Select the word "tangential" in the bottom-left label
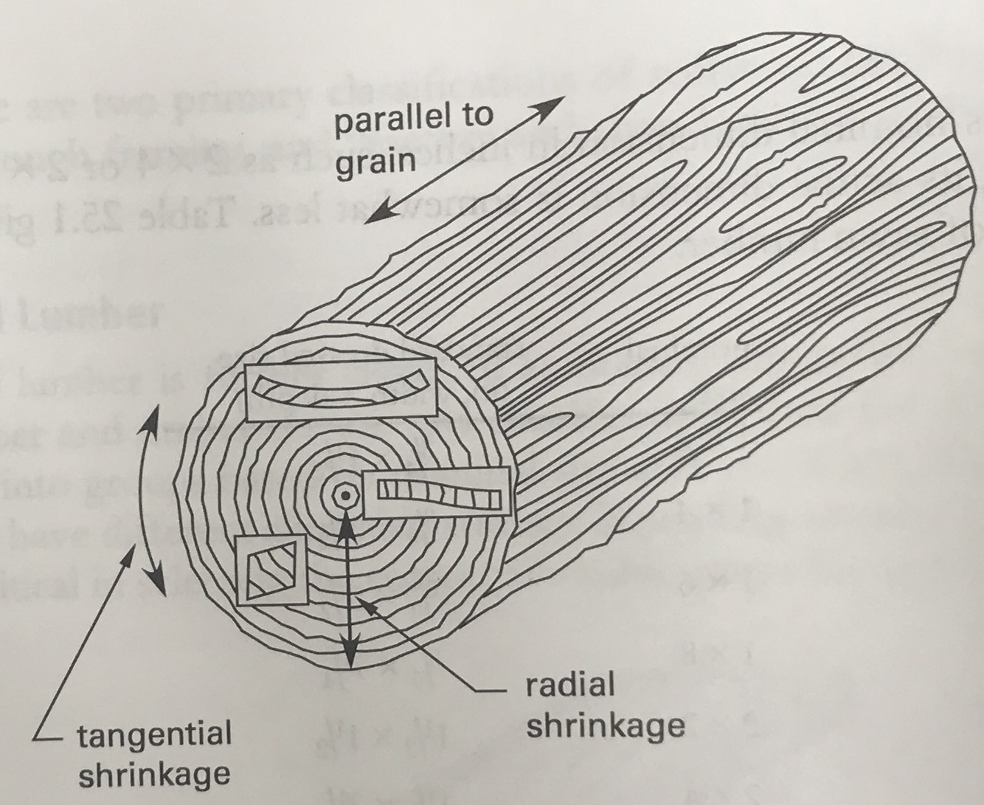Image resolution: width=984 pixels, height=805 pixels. point(154,736)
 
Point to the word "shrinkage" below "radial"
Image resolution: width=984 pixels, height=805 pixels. point(605,726)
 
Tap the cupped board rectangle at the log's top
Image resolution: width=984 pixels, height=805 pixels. point(341,392)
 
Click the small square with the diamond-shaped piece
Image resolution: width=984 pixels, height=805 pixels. point(270,569)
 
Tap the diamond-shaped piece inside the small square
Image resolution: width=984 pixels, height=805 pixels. point(271,567)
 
